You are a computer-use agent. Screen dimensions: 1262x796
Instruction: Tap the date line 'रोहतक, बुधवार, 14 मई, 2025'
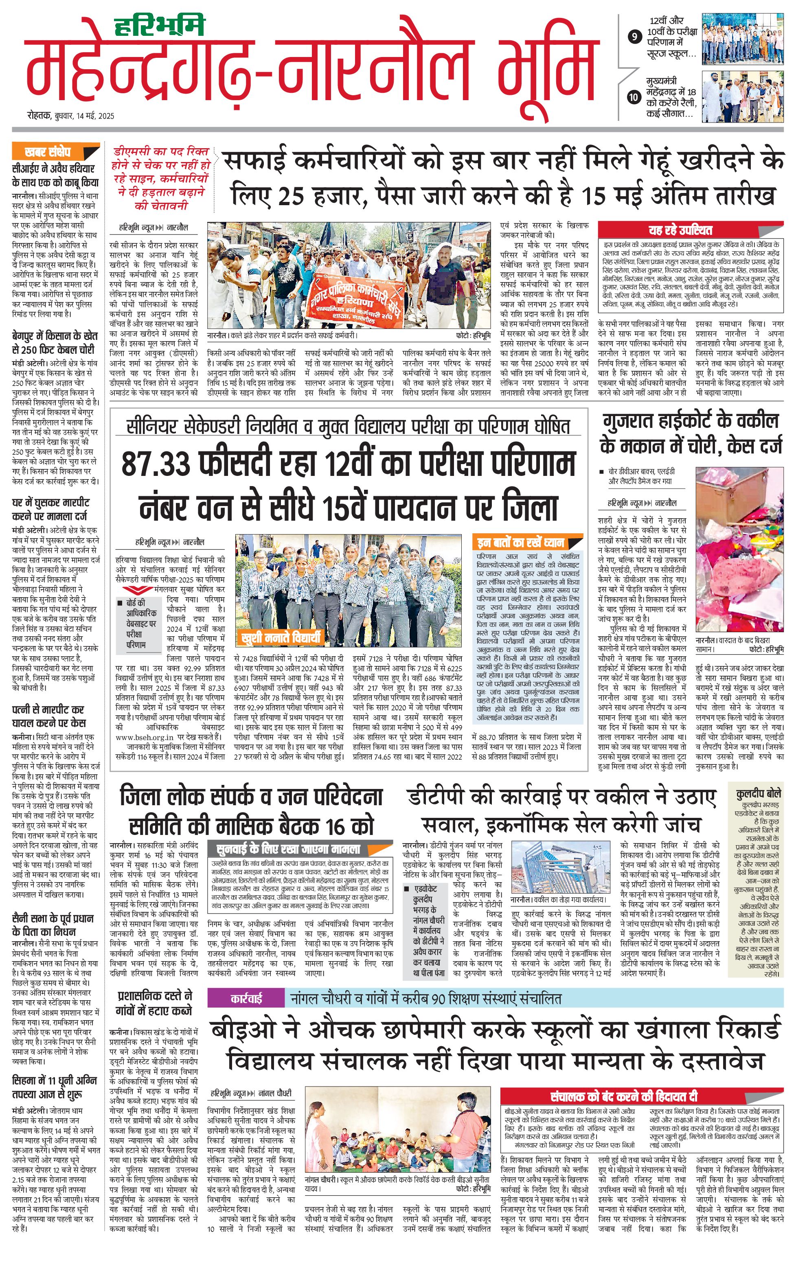tap(71, 116)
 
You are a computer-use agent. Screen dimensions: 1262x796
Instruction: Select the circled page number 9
tap(635, 37)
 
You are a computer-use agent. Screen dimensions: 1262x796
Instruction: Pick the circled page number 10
tap(634, 97)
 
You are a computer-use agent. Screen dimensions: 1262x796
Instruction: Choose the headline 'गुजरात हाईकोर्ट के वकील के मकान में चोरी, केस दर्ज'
tap(690, 434)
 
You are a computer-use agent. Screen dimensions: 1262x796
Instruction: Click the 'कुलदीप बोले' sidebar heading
tap(758, 793)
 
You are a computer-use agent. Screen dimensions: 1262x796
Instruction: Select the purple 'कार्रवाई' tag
tap(246, 999)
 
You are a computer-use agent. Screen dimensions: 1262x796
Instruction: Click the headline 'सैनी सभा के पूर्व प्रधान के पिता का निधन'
tap(53, 925)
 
